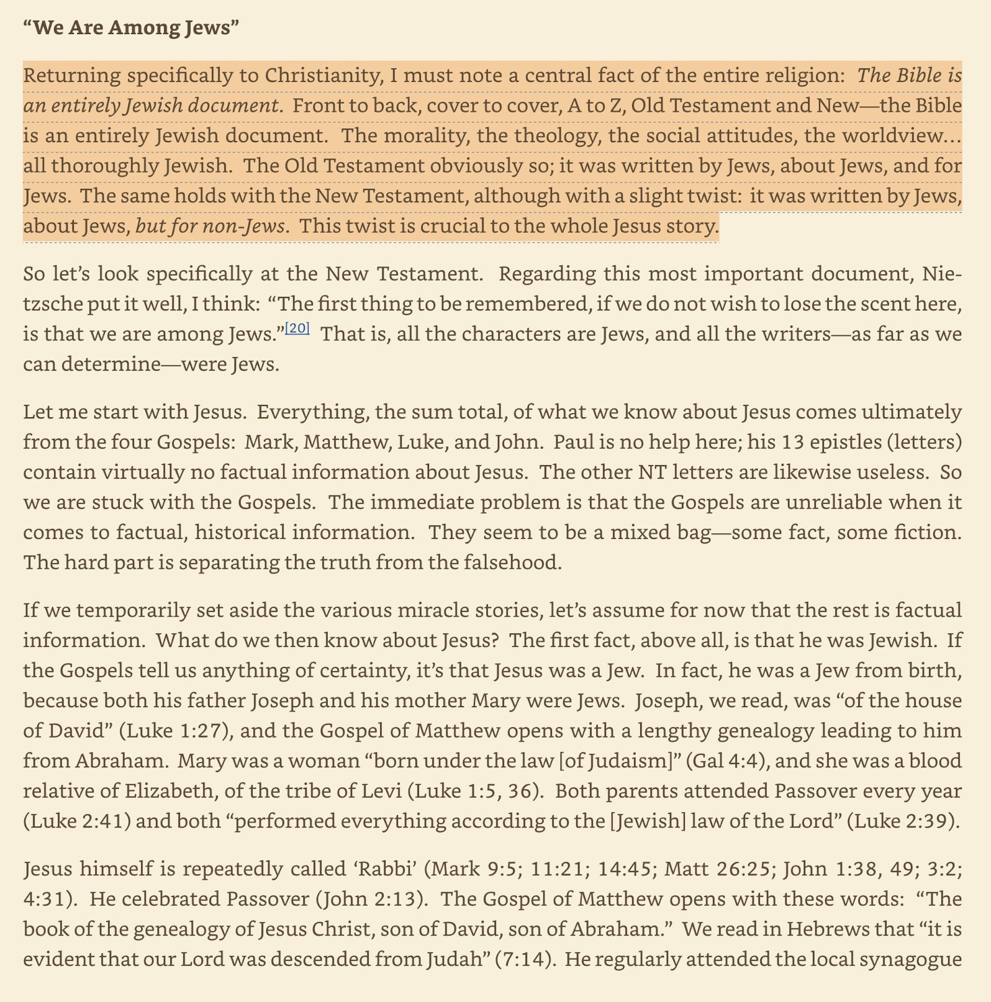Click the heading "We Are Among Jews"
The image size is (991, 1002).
pyautogui.click(x=131, y=29)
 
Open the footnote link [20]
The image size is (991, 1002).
pyautogui.click(x=297, y=329)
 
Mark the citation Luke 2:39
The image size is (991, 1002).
pyautogui.click(x=903, y=821)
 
